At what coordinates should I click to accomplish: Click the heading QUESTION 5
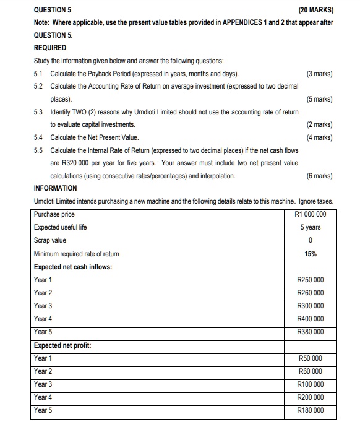coord(53,10)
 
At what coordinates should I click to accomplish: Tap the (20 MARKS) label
coord(315,10)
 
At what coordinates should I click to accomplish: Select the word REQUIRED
coord(49,47)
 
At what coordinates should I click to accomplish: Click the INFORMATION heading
coord(56,188)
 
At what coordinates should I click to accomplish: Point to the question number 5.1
coord(39,74)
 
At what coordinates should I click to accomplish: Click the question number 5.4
coord(40,137)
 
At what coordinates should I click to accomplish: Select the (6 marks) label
coord(319,176)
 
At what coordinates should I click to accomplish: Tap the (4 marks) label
coord(319,137)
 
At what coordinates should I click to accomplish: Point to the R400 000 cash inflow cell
coord(310,319)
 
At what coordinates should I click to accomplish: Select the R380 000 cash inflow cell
coord(310,332)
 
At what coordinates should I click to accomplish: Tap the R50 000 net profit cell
coord(311,358)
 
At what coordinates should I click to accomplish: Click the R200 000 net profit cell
coord(310,397)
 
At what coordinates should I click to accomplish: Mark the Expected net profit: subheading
coord(63,345)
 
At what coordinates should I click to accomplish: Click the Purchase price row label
coord(54,215)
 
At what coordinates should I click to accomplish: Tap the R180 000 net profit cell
coord(310,410)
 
